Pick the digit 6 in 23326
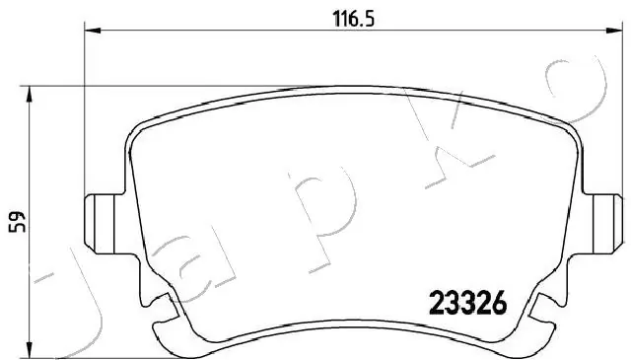497,304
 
